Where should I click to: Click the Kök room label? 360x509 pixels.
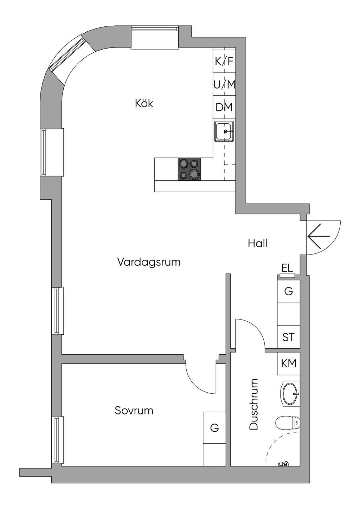[144, 104]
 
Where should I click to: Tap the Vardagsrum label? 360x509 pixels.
[149, 262]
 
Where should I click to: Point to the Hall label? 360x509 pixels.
[257, 243]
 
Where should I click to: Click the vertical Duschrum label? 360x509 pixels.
[253, 404]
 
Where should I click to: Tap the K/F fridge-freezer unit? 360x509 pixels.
[224, 60]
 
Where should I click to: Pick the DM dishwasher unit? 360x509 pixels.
[224, 107]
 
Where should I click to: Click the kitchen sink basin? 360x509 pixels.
[224, 131]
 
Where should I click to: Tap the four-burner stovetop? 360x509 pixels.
[189, 169]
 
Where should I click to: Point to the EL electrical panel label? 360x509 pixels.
[287, 268]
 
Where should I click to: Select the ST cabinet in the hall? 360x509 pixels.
[289, 337]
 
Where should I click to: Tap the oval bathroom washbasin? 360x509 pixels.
[290, 394]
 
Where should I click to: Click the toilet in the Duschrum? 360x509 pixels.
[288, 423]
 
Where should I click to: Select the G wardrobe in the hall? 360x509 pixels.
[289, 291]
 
